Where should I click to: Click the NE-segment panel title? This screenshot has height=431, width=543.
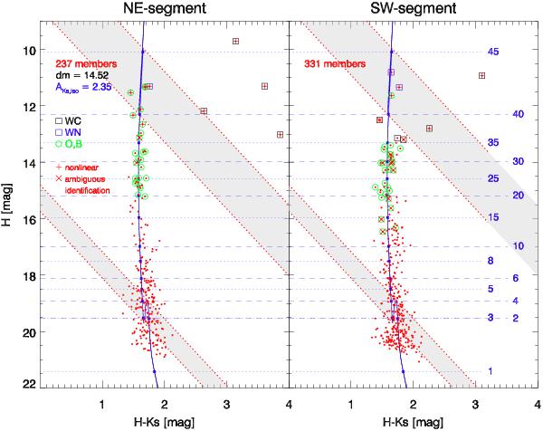[x=161, y=10]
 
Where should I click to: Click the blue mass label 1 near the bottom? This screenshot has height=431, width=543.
[x=490, y=372]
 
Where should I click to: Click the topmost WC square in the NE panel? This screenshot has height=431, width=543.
[x=235, y=42]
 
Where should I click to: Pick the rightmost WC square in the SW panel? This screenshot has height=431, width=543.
[x=482, y=75]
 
